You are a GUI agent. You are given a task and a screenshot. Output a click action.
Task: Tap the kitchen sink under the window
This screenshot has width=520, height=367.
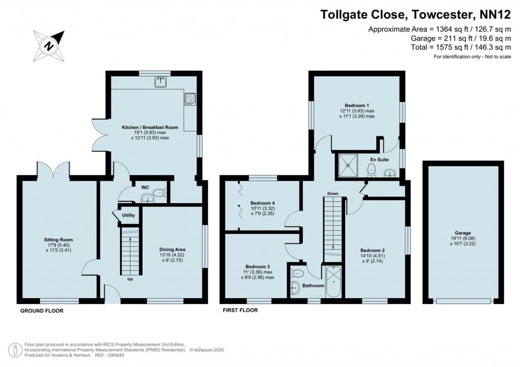[161, 82]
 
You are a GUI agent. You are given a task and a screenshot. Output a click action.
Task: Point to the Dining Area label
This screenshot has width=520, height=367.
[172, 249]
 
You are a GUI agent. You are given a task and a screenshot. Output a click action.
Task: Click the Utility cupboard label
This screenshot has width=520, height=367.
[128, 215]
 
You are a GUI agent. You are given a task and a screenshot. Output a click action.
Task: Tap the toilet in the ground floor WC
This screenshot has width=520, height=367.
[160, 193]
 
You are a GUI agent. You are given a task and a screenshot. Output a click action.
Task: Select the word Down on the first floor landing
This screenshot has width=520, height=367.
[333, 194]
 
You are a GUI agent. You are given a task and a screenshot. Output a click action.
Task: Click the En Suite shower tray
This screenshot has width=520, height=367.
[349, 163]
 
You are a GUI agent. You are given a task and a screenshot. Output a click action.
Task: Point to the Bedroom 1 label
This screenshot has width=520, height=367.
[357, 104]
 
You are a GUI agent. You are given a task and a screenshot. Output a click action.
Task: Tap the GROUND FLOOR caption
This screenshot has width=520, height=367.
[42, 311]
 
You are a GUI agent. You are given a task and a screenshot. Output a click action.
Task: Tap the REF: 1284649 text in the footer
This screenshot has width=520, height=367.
[109, 356]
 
